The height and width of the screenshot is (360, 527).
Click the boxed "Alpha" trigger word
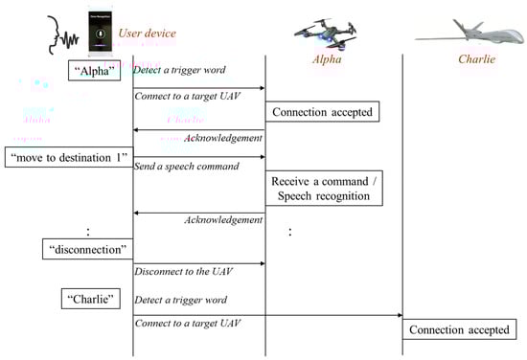(x=95, y=73)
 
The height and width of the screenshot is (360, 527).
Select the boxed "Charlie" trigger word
(x=91, y=299)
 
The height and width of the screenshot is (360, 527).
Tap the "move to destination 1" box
(x=66, y=157)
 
